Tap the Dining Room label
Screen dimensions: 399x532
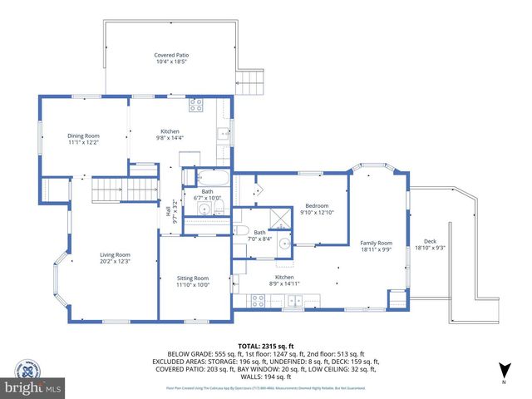click(83, 135)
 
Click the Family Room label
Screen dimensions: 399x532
click(376, 244)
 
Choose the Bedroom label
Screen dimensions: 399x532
click(317, 206)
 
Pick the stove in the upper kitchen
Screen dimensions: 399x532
click(197, 105)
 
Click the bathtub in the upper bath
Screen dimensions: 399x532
click(209, 176)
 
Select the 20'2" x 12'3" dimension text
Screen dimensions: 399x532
click(116, 262)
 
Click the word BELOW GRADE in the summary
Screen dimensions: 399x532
click(186, 353)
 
